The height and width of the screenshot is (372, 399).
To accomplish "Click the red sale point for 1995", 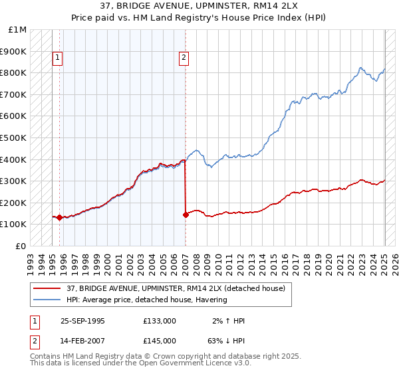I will (59, 217).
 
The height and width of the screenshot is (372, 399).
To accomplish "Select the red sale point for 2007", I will (185, 215).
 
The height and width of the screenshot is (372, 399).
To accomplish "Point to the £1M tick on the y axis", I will (18, 29).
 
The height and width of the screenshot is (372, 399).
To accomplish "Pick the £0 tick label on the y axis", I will (21, 246).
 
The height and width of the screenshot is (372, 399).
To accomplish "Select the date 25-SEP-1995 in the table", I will (82, 321).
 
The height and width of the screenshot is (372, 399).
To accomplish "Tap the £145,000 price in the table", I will (159, 341).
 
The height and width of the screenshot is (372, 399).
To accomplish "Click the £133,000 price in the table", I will (159, 321).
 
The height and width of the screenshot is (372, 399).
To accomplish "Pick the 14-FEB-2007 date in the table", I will (82, 341).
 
